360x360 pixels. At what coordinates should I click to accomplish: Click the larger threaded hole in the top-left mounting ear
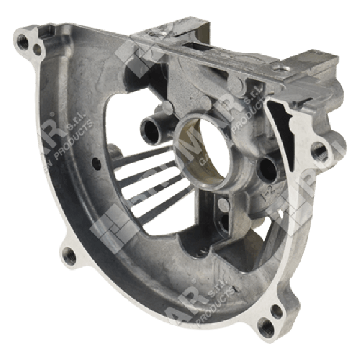tap(23, 41)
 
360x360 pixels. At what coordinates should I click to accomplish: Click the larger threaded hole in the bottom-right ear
tap(263, 328)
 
